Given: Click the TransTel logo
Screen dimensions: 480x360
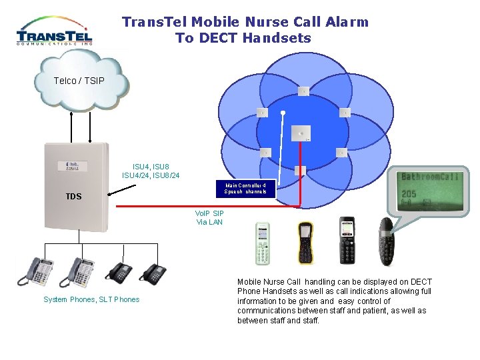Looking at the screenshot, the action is tap(55, 31).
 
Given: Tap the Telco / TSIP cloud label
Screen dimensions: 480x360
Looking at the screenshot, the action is tap(79, 81).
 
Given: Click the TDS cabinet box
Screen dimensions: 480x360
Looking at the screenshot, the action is tap(75, 187).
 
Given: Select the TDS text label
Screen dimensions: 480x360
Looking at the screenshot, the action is tap(73, 197).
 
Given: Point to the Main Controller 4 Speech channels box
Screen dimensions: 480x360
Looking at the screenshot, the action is tap(245, 188).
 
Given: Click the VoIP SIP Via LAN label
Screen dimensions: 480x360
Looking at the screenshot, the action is tap(209, 217).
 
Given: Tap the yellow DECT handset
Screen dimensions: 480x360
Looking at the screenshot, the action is tap(305, 243).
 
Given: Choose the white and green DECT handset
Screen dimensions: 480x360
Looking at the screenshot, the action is tap(262, 243).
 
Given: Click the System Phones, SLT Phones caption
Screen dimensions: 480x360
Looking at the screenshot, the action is tap(91, 299).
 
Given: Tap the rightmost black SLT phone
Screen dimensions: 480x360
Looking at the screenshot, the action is tap(154, 272).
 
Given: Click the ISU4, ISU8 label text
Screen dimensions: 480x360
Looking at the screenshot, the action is tap(151, 166).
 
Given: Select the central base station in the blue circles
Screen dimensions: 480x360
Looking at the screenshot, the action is tap(301, 133).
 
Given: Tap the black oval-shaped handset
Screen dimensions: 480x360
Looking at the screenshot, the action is tap(386, 240).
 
